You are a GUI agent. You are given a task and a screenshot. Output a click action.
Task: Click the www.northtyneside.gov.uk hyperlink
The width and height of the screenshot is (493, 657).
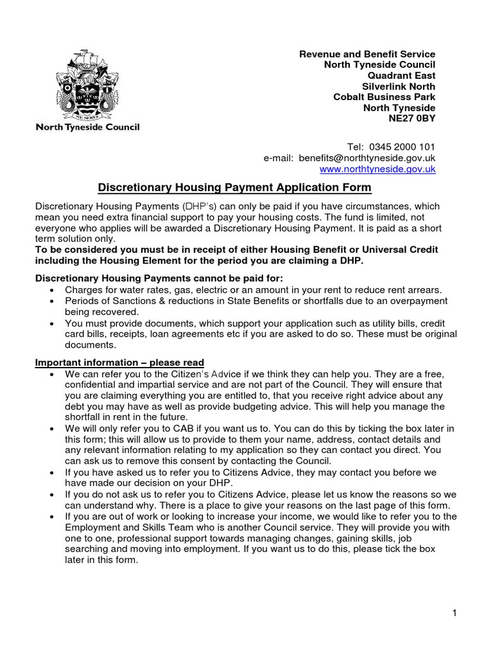tap(377, 169)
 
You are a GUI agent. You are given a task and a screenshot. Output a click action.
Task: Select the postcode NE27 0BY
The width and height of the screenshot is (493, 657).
tap(411, 119)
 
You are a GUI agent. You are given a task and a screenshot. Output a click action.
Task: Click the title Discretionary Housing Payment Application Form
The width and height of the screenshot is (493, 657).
tap(234, 187)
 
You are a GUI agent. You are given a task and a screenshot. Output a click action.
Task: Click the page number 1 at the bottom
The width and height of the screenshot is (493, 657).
tap(454, 613)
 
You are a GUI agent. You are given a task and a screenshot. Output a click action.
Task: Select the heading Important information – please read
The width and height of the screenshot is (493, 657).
tap(119, 363)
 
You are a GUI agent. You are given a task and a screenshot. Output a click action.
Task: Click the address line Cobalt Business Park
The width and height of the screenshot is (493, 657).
tap(384, 97)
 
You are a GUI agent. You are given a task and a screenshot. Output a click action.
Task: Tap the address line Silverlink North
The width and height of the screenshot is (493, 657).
tap(399, 87)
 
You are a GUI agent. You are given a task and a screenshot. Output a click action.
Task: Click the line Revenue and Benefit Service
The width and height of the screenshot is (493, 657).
tap(367, 54)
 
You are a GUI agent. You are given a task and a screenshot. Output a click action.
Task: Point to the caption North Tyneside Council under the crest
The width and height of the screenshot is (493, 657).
tap(87, 127)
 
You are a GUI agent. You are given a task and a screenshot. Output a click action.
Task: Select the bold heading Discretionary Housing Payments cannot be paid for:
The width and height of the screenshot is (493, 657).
tap(158, 277)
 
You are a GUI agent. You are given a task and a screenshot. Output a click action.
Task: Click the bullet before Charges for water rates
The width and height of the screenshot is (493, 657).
tap(51, 290)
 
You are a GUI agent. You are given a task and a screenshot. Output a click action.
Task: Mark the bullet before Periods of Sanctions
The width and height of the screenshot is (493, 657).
tap(51, 301)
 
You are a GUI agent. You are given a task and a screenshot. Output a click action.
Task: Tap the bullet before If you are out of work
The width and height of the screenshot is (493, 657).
tap(51, 516)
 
